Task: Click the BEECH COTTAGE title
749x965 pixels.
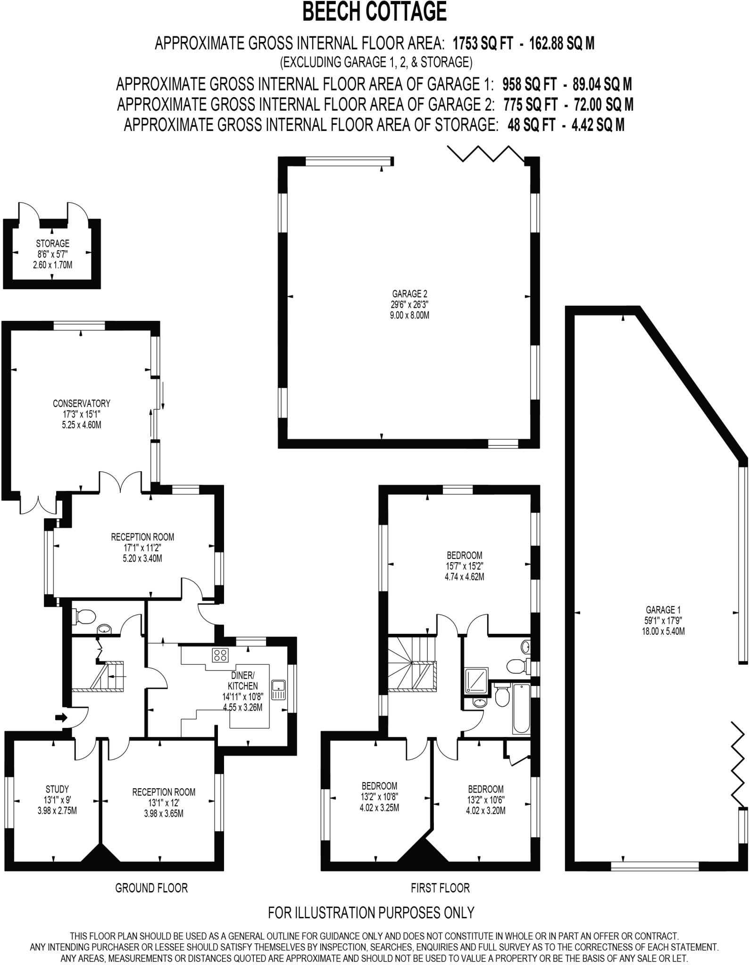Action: [x=374, y=12]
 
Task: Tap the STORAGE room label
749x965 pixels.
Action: [x=52, y=244]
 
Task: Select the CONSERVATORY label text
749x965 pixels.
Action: [x=81, y=403]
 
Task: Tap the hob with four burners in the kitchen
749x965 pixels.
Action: [x=220, y=655]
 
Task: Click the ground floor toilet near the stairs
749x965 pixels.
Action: [x=85, y=616]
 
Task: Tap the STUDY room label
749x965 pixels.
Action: [x=57, y=789]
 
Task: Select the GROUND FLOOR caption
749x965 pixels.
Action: [x=151, y=888]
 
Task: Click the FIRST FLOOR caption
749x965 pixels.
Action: [x=440, y=888]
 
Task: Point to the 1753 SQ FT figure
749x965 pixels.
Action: [x=482, y=43]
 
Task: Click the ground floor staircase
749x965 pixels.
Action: [x=110, y=677]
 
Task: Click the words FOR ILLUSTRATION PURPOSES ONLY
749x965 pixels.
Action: [x=371, y=913]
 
